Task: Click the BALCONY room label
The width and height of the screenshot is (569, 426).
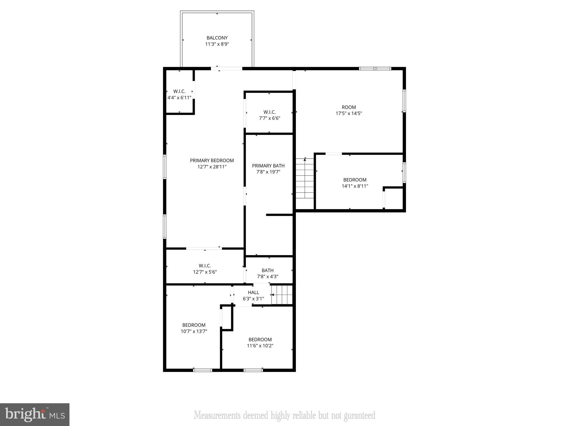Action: [x=217, y=38]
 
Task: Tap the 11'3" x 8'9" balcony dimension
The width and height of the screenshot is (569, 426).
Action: [x=217, y=44]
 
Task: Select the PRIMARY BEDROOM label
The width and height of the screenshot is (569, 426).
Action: [x=212, y=161]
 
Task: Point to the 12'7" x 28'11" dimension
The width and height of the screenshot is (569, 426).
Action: [x=212, y=167]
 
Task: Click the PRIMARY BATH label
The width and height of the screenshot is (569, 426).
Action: [x=268, y=166]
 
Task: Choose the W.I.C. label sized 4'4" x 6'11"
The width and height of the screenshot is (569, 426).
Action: [x=179, y=92]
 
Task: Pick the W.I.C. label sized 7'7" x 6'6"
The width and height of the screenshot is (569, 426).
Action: [x=269, y=112]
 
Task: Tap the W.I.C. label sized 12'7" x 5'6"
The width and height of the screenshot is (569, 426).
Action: [x=205, y=266]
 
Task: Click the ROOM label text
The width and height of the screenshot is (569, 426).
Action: [x=349, y=107]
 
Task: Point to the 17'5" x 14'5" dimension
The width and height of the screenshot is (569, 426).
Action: [x=349, y=113]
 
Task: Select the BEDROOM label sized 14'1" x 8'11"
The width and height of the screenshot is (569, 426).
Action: [x=355, y=180]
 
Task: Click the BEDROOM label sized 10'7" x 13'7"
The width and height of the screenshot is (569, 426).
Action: [x=194, y=325]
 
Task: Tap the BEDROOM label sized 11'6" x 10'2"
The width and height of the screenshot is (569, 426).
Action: [x=260, y=339]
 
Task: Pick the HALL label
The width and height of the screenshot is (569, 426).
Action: [x=253, y=293]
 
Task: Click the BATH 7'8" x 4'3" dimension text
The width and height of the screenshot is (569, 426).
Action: [x=268, y=277]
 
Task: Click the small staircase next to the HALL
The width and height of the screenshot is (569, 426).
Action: [x=282, y=295]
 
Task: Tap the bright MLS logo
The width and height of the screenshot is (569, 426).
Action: [x=35, y=415]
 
